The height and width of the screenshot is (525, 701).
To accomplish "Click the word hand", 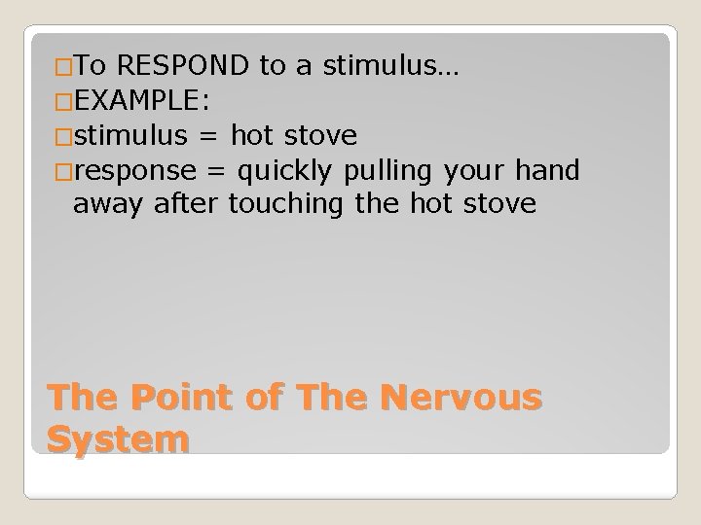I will click(x=547, y=172).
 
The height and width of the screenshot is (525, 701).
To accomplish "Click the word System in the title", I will click(x=118, y=439).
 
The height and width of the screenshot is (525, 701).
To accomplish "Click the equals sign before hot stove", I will click(x=207, y=137).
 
